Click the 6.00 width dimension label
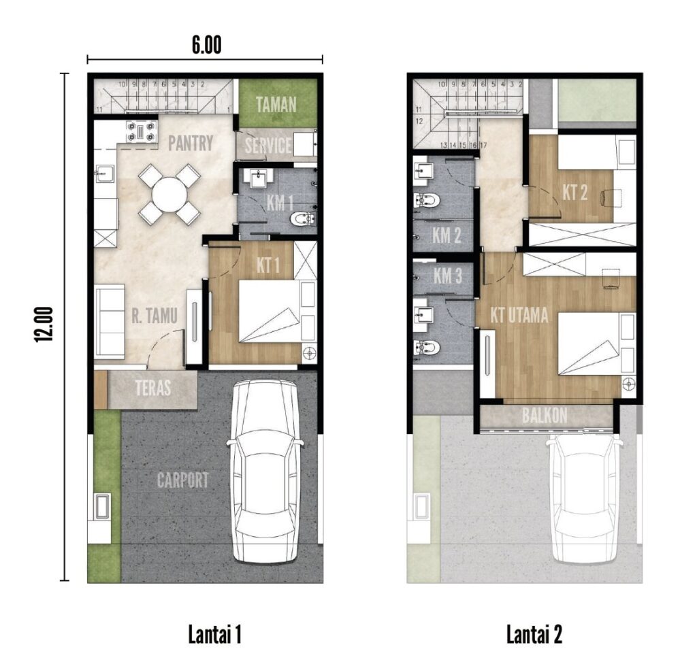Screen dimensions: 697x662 click(206, 45)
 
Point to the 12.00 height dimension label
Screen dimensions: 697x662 click(44, 325)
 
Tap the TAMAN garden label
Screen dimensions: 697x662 click(276, 105)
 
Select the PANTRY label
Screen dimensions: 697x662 click(191, 144)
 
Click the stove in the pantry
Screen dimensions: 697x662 click(142, 131)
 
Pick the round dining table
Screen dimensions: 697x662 click(169, 195)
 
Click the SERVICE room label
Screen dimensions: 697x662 click(268, 146)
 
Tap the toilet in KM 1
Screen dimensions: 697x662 click(302, 218)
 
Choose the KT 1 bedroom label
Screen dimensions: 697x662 click(268, 266)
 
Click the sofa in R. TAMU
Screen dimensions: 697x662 click(110, 321)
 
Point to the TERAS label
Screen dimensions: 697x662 click(153, 388)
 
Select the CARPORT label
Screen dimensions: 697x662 click(182, 480)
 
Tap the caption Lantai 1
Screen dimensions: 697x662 click(214, 634)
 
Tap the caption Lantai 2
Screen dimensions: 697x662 click(534, 634)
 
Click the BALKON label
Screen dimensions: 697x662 click(545, 416)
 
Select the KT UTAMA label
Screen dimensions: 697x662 click(519, 316)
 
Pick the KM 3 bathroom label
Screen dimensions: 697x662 click(448, 276)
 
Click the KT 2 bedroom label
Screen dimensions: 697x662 click(575, 193)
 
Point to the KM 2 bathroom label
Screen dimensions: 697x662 click(447, 235)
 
